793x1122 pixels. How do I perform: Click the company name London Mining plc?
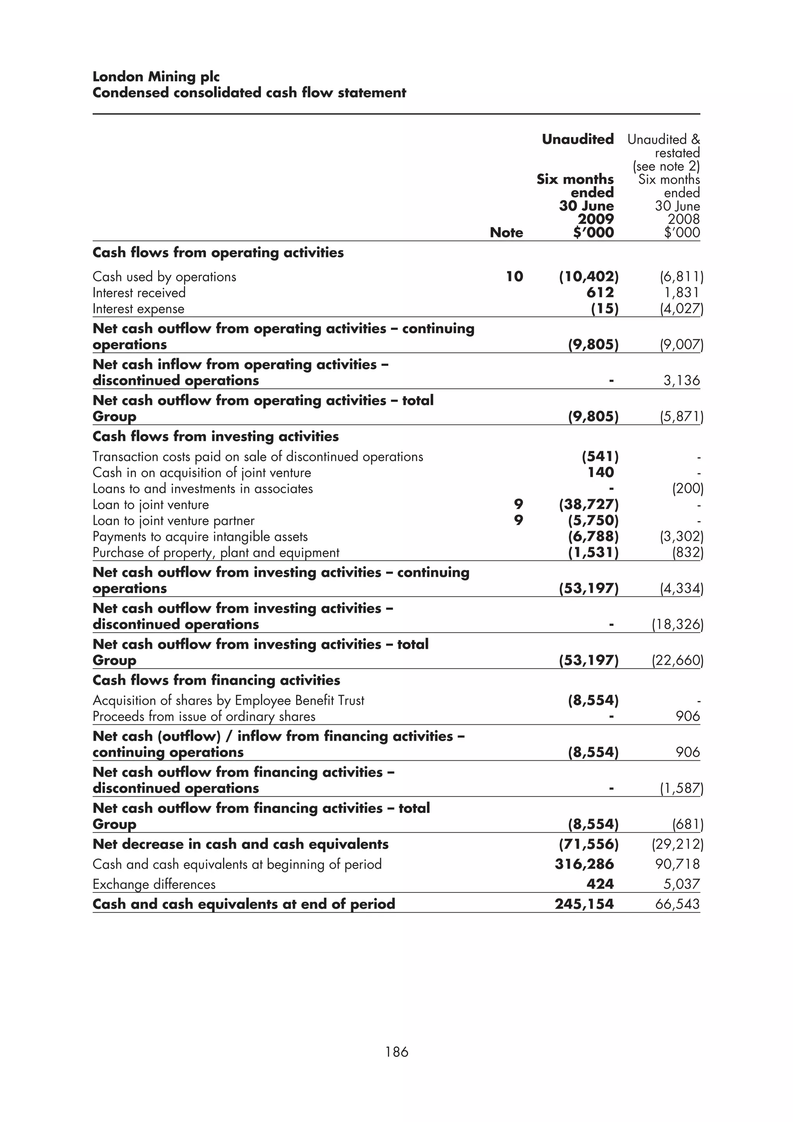[x=156, y=77]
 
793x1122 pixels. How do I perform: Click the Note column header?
[x=506, y=233]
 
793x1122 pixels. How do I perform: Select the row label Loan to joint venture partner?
[x=173, y=521]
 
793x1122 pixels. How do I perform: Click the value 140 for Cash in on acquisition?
[x=601, y=473]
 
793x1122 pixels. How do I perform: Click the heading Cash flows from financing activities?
[x=216, y=680]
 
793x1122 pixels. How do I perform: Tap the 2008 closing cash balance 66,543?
[x=677, y=904]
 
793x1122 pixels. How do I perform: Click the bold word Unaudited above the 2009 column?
[x=578, y=139]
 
